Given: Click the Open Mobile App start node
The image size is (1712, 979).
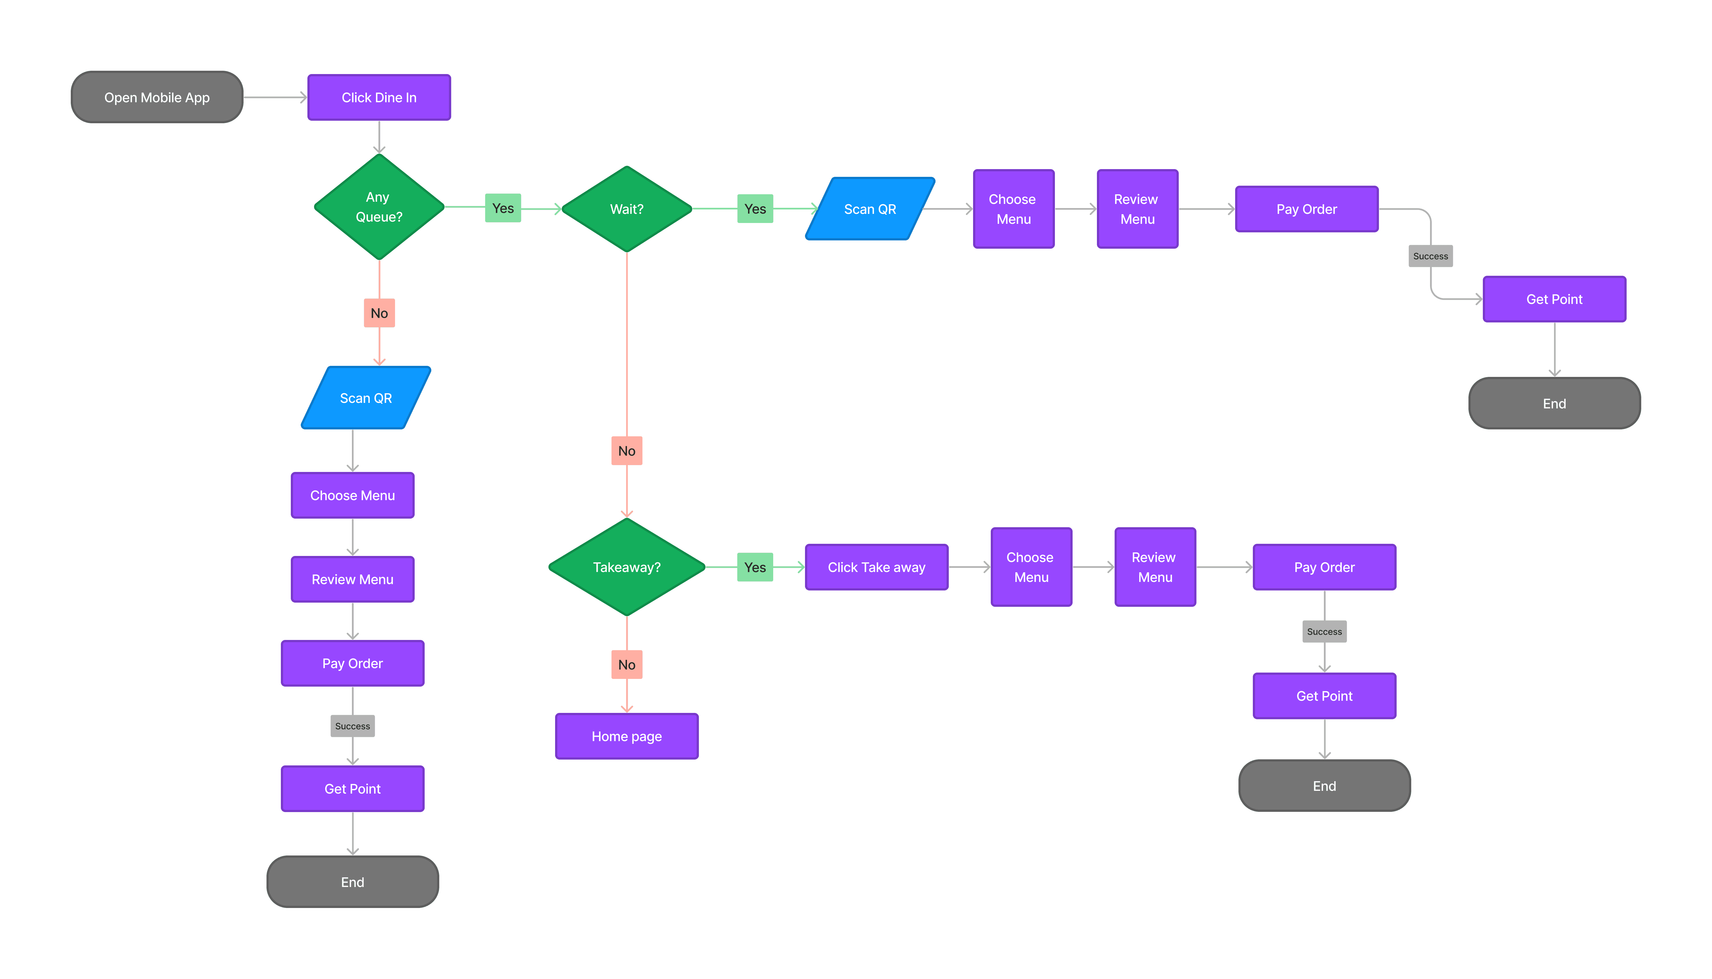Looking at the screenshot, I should click(157, 98).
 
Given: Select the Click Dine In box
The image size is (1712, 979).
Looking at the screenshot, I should click(379, 98).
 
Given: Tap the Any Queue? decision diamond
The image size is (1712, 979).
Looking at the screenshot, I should click(379, 207).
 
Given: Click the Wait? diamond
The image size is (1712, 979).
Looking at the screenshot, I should click(626, 209).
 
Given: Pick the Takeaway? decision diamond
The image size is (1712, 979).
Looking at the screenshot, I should click(626, 567).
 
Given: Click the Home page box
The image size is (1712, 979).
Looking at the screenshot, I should click(626, 736).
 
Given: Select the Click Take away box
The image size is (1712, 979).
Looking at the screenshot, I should click(876, 567).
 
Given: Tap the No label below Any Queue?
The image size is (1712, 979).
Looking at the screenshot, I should click(379, 313).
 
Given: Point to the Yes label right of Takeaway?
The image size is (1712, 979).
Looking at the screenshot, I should click(755, 567).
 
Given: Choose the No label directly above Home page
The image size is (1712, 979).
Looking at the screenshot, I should click(626, 664).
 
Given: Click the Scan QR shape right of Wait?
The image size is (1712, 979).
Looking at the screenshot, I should click(870, 209).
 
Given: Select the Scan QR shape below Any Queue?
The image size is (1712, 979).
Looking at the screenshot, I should click(365, 398).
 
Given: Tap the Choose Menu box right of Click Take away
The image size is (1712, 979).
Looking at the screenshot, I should click(1031, 567).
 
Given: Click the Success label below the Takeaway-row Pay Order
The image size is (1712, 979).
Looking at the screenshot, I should click(1324, 631).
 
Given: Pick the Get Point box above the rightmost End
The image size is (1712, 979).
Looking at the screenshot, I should click(1554, 299).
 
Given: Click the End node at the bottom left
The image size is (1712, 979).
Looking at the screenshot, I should click(352, 881).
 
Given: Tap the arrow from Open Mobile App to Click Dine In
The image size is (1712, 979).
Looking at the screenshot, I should click(275, 98).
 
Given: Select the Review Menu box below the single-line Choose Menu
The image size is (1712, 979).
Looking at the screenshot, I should click(352, 579).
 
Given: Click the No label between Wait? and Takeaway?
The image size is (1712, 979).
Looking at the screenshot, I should click(626, 450).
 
